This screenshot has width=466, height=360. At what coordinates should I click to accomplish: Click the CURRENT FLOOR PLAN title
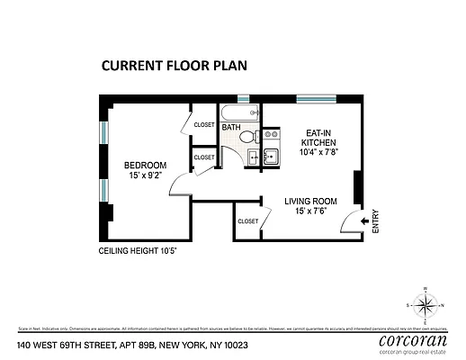coord(173,65)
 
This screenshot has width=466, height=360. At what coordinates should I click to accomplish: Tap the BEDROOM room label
coord(145,165)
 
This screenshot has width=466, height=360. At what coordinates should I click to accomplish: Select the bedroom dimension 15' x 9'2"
coord(145,176)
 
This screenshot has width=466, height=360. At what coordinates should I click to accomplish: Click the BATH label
coord(231,128)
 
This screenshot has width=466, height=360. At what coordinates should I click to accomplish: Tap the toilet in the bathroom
coord(247,137)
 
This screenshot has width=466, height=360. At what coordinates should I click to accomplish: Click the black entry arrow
coord(365,219)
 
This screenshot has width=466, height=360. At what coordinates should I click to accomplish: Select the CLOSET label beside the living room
coord(247,220)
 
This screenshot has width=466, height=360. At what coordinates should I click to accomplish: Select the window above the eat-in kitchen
coord(317,97)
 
